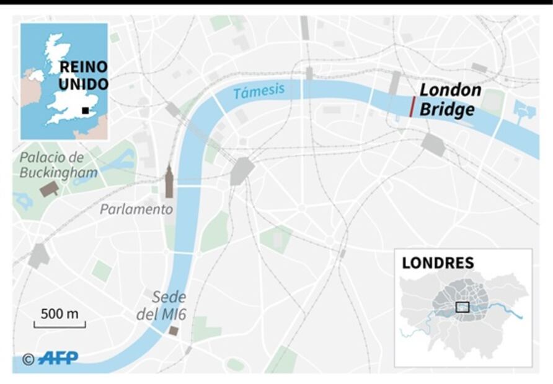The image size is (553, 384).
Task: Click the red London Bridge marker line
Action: tap(412, 107)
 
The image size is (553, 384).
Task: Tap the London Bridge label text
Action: tap(449, 100)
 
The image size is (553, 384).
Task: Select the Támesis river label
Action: tap(259, 91)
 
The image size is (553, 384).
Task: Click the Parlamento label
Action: tap(136, 209)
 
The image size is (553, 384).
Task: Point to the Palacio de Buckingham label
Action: tap(58, 165)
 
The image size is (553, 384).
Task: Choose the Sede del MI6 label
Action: tap(162, 305)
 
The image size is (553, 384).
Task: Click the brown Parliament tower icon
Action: tap(169, 182)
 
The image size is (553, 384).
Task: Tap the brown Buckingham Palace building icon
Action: tap(49, 189)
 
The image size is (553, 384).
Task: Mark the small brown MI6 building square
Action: tap(174, 331)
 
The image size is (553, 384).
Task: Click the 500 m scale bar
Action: tap(60, 323)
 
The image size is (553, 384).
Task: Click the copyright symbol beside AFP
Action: tap(29, 359)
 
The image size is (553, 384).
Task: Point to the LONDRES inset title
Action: tap(438, 263)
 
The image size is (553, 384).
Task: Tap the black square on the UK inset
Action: tap(86, 111)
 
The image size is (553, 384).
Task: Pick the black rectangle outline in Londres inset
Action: tap(462, 307)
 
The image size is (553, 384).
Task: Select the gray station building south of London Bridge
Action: tap(433, 145)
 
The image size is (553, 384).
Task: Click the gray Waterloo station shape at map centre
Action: tap(242, 171)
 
